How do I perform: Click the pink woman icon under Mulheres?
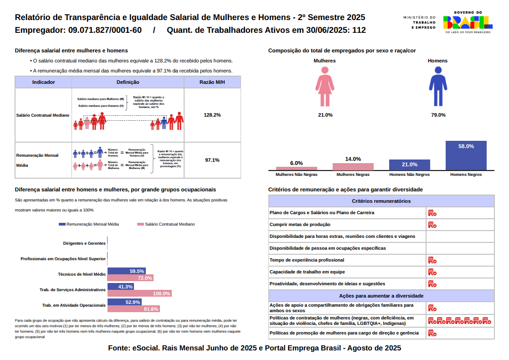click(325, 87)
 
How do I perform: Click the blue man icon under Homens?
click(438, 87)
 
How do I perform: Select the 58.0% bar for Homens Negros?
click(466, 155)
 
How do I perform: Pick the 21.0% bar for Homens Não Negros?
click(409, 165)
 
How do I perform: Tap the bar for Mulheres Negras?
click(353, 167)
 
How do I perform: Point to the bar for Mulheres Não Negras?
click(296, 168)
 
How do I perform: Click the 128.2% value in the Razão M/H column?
click(212, 115)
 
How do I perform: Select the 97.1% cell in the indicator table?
click(212, 160)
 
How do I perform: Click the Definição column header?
click(128, 82)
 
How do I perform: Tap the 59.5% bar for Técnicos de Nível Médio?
click(127, 271)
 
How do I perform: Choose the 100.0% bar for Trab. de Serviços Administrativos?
click(139, 293)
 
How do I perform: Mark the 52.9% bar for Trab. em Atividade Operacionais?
click(124, 302)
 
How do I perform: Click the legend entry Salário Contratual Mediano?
click(166, 224)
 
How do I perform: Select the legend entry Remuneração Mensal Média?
click(89, 224)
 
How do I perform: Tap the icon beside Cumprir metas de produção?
click(432, 225)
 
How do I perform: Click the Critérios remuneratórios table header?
click(381, 201)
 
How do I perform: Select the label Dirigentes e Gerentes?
click(84, 243)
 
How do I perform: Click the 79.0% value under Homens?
click(438, 115)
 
